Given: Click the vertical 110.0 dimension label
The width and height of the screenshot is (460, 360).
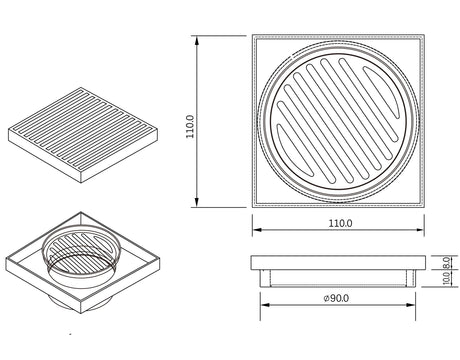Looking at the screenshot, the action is tap(190, 126).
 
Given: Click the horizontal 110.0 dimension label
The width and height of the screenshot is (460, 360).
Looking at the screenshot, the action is tap(340, 223).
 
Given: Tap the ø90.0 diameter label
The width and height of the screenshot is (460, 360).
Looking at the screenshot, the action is tap(337, 298).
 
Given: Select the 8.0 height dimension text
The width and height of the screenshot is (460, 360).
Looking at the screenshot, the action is tap(446, 262).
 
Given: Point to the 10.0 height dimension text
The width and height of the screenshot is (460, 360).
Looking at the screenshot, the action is tap(446, 278).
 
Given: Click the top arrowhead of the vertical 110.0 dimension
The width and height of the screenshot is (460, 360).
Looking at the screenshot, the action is tap(197, 40).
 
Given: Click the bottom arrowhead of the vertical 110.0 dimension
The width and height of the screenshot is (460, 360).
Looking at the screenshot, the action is tap(197, 202).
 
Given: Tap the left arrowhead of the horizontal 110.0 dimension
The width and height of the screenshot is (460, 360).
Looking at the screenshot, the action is tap(257, 230).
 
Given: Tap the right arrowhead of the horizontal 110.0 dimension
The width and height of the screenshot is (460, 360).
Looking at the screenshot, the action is tap(419, 230).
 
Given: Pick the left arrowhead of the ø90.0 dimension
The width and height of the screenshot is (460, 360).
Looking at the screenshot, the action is tap(265, 305).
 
